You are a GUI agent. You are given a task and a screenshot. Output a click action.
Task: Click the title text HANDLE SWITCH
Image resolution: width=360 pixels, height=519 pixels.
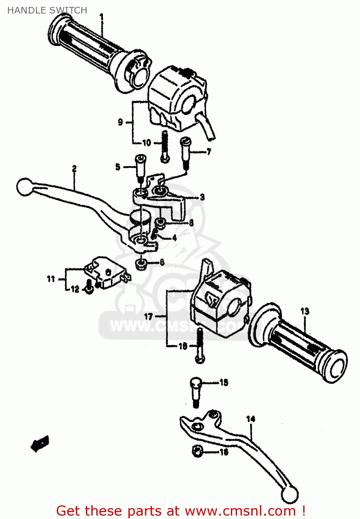(47, 10)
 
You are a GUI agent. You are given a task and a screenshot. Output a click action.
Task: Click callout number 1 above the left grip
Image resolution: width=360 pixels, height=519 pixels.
(101, 16)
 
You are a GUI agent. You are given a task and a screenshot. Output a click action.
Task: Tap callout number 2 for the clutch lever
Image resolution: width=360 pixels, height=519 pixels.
(74, 169)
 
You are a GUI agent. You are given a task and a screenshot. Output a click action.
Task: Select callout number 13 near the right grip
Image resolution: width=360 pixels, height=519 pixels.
(305, 311)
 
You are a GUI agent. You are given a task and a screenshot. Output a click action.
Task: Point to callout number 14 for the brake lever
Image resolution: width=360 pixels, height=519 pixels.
(251, 419)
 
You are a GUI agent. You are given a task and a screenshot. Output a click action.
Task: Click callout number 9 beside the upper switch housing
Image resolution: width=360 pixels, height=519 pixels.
(120, 122)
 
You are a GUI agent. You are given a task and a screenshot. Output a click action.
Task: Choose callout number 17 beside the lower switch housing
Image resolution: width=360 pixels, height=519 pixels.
(148, 316)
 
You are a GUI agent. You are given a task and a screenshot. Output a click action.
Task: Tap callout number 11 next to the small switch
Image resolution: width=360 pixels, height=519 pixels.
(51, 279)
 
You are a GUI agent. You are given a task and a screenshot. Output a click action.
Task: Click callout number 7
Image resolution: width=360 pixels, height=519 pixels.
(209, 152)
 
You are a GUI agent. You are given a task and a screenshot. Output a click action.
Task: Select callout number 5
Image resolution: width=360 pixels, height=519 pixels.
(118, 167)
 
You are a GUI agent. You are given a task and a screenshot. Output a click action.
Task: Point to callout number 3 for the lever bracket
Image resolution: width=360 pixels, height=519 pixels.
(202, 197)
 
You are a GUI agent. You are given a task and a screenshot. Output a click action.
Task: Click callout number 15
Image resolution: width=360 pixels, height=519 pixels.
(224, 382)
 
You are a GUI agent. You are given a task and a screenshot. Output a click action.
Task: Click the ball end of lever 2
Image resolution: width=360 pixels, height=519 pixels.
(24, 187)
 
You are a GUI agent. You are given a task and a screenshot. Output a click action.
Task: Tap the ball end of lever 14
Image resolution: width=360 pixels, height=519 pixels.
(289, 495)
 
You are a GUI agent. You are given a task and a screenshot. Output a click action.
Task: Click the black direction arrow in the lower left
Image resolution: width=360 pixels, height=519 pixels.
(40, 444)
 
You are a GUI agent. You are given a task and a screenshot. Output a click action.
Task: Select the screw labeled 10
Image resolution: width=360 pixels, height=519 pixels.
(165, 146)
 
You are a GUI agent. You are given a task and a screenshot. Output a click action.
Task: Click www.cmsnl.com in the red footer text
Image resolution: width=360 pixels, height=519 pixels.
(240, 511)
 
